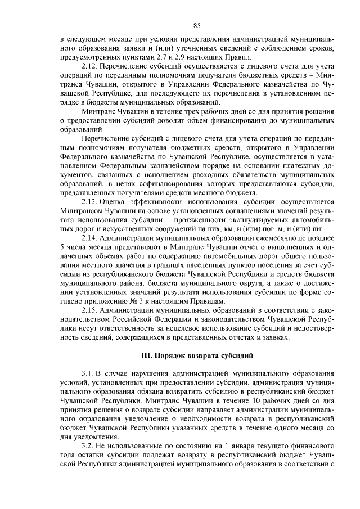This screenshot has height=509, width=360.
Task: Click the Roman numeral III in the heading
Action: click(145, 355)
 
